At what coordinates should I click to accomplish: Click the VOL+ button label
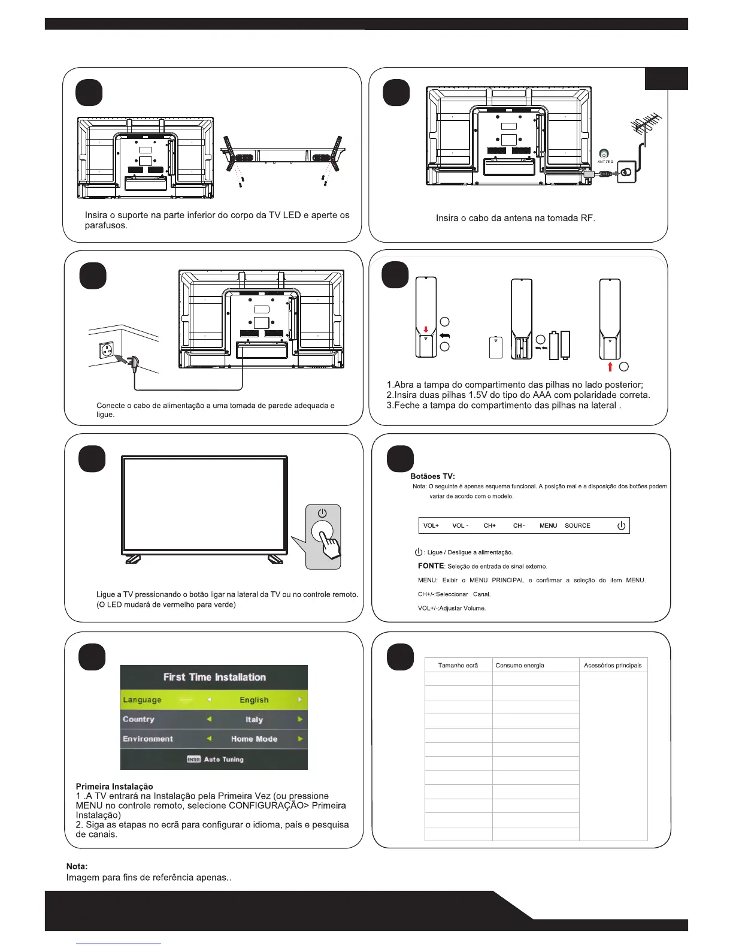431,526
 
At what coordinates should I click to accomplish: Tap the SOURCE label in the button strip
577,526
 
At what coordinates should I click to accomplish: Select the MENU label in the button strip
548,526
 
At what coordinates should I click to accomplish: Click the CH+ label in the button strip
490,526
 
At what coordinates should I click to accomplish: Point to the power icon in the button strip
621,526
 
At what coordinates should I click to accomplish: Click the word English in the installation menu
254,700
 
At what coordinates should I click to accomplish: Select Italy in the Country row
254,720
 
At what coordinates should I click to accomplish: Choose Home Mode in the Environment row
254,739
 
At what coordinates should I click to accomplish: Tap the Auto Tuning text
223,760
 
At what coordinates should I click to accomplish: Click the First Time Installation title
214,677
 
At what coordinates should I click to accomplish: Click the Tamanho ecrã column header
458,666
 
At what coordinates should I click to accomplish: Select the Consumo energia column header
520,666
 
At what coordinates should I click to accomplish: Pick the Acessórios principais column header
613,666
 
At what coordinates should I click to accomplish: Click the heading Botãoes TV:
432,476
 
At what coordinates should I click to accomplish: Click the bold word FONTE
431,566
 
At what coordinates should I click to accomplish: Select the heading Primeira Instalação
114,787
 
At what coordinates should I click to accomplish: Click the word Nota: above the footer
77,866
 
